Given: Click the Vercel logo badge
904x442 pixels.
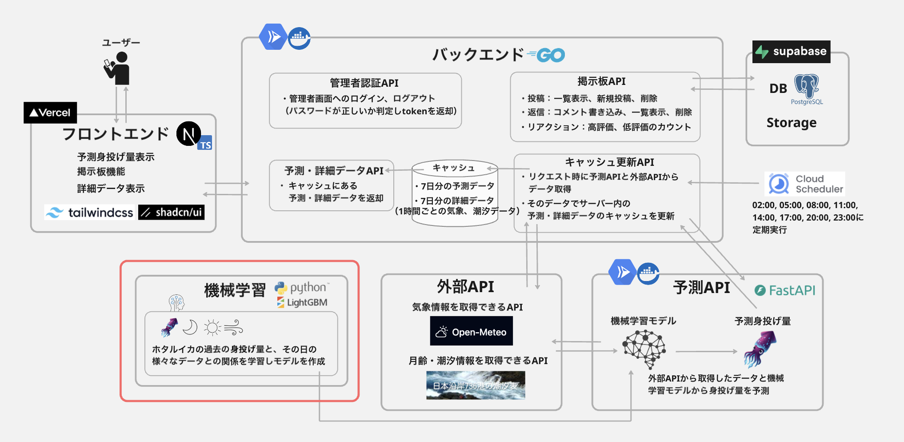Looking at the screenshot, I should [x=50, y=113].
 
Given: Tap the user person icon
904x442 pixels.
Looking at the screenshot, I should [x=118, y=68].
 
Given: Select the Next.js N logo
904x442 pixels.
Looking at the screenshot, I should [x=188, y=134].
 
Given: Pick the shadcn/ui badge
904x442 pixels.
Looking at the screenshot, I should [x=172, y=213].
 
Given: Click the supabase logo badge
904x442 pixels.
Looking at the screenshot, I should [x=791, y=52].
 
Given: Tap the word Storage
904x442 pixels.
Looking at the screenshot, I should [x=791, y=122].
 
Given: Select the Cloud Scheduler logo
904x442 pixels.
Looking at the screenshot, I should [x=805, y=184].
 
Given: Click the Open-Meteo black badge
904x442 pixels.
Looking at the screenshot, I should [x=471, y=331].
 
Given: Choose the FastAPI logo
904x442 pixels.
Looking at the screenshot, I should [x=785, y=290].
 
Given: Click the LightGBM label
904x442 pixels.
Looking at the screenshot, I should [x=302, y=302].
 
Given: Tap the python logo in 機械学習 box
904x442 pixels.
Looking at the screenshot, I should [x=302, y=288].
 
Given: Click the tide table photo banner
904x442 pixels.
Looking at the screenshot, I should [x=476, y=385].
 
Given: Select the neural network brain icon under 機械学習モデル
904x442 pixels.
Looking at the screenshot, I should [x=644, y=350].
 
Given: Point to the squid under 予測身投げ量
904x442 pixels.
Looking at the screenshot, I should [x=760, y=349].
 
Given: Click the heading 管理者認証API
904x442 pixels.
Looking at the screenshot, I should [x=364, y=83].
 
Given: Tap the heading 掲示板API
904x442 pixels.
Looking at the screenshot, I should [x=601, y=81].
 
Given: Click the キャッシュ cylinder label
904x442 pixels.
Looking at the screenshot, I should [x=454, y=168].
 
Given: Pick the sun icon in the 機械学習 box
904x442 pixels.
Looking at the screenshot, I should [x=212, y=328].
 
